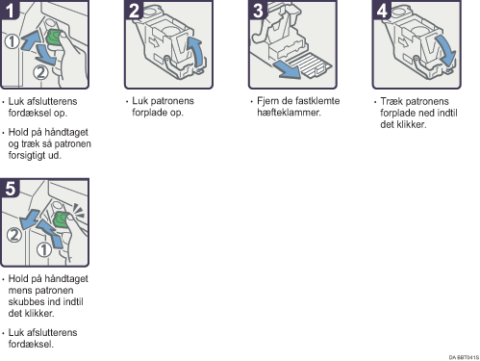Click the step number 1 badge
(9, 10)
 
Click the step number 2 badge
(134, 10)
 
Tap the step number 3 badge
(258, 10)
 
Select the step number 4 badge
(382, 10)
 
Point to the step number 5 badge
(10, 188)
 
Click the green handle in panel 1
(54, 39)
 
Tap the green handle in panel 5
(61, 219)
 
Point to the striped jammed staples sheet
(309, 65)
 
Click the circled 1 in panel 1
(13, 41)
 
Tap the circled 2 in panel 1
(40, 72)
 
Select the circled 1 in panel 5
(44, 249)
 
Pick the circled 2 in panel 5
(14, 235)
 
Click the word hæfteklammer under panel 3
(289, 113)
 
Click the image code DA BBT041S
(464, 357)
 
